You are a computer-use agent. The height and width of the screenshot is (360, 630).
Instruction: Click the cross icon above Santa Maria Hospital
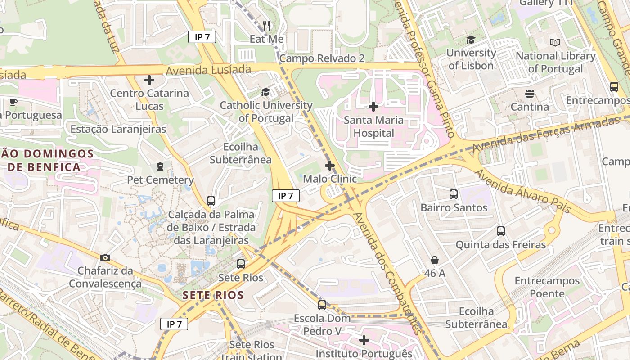pos(373,107)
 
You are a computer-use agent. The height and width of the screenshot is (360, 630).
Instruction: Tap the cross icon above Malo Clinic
pos(330,166)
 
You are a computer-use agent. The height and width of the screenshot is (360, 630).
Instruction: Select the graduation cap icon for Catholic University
pos(266,92)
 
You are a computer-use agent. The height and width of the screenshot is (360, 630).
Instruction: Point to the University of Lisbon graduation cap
pos(471,40)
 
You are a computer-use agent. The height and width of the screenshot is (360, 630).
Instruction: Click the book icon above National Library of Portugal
pos(555,43)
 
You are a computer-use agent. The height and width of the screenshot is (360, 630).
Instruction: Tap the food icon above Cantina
pos(529,94)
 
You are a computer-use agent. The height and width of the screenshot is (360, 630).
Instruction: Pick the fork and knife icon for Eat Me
pos(267,26)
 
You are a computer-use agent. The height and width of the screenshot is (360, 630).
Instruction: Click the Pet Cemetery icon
pos(160,166)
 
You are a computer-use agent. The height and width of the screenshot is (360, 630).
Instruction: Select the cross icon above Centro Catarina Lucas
pos(149,80)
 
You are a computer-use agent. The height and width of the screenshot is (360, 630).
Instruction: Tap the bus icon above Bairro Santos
pos(454,194)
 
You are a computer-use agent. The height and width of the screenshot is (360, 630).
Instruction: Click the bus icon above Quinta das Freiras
pos(501,231)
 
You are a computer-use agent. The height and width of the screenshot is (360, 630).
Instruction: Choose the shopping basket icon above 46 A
pos(435,260)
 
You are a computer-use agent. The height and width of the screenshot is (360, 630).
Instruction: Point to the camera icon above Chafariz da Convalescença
pos(105,257)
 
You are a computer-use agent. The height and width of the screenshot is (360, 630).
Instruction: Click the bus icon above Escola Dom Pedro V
pos(322,305)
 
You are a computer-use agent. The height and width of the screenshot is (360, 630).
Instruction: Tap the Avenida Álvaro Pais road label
pos(522,191)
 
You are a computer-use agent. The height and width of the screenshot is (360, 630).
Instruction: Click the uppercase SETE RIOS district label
pos(213,296)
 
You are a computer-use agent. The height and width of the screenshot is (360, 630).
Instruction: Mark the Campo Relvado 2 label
pos(322,58)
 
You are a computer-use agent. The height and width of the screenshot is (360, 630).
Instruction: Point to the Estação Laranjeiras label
pos(118,129)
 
